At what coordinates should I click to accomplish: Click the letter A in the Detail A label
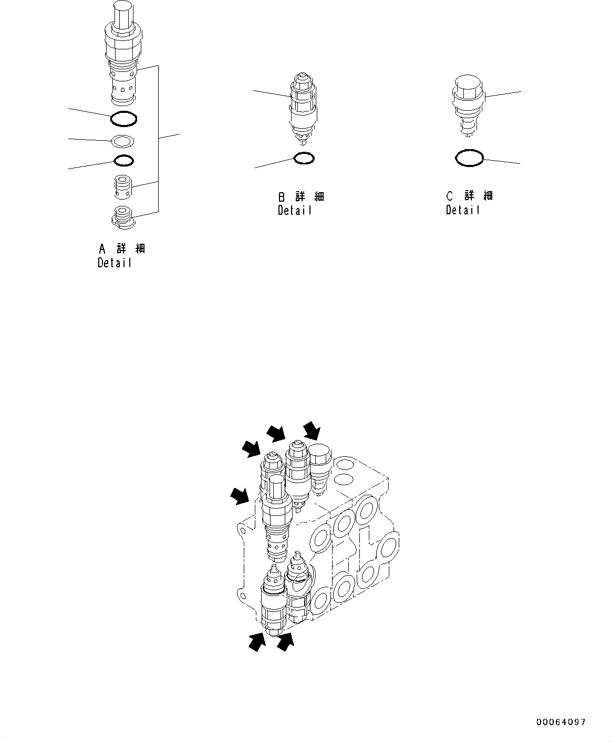click(x=102, y=248)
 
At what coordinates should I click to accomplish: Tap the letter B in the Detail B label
click(x=282, y=197)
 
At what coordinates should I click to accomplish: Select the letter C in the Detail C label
click(x=450, y=196)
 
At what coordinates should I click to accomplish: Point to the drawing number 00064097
click(x=561, y=723)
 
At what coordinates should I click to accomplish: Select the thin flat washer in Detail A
click(x=122, y=141)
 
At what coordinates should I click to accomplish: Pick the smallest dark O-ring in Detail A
click(x=123, y=160)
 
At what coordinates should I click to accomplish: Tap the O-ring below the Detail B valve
click(x=304, y=158)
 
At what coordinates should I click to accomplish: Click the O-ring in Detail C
click(x=469, y=158)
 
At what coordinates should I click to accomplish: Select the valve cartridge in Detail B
click(x=303, y=108)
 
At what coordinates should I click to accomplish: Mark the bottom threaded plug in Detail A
click(x=122, y=216)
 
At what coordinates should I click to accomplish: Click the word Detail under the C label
click(x=463, y=210)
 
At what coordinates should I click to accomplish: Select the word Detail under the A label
click(x=115, y=263)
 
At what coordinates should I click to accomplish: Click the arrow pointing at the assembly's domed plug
click(x=312, y=430)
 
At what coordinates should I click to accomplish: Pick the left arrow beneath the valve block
click(x=257, y=642)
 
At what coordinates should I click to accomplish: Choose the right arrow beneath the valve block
click(x=285, y=642)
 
